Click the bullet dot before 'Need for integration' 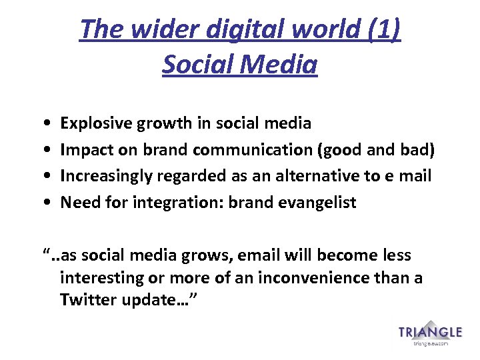43,203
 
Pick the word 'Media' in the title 281,65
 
